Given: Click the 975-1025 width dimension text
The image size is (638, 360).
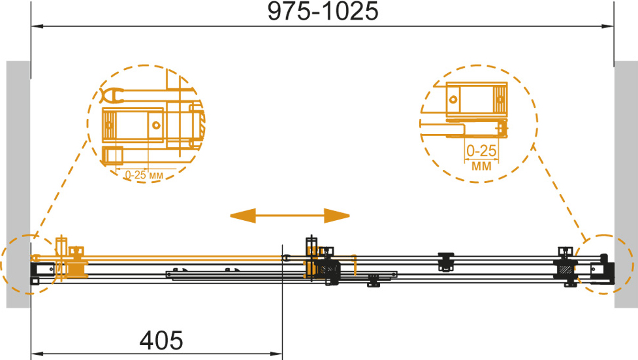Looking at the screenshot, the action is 323,11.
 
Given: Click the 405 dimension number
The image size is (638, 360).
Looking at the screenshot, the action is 161,340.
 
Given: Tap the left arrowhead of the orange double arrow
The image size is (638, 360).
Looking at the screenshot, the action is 243,216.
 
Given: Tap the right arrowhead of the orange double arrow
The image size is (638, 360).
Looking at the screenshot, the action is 337,216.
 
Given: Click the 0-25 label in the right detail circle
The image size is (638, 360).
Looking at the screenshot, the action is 481,151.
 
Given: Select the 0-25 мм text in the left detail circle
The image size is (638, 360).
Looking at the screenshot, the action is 144,175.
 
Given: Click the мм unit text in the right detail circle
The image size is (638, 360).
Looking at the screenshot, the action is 481,166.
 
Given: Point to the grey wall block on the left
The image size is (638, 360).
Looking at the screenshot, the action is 18,184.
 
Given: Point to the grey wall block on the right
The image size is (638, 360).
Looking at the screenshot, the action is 626,184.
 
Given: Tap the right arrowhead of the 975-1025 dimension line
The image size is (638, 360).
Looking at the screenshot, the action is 608,27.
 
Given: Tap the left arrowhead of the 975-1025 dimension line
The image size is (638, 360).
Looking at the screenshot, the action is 37,27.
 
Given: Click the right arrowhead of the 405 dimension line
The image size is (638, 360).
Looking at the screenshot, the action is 276,353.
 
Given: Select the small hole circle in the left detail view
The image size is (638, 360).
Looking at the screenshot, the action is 156,125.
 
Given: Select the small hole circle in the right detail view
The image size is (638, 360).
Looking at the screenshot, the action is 453,99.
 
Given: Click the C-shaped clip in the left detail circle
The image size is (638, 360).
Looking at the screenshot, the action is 112,95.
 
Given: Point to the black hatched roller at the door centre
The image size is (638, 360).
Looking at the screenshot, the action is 328,269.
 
